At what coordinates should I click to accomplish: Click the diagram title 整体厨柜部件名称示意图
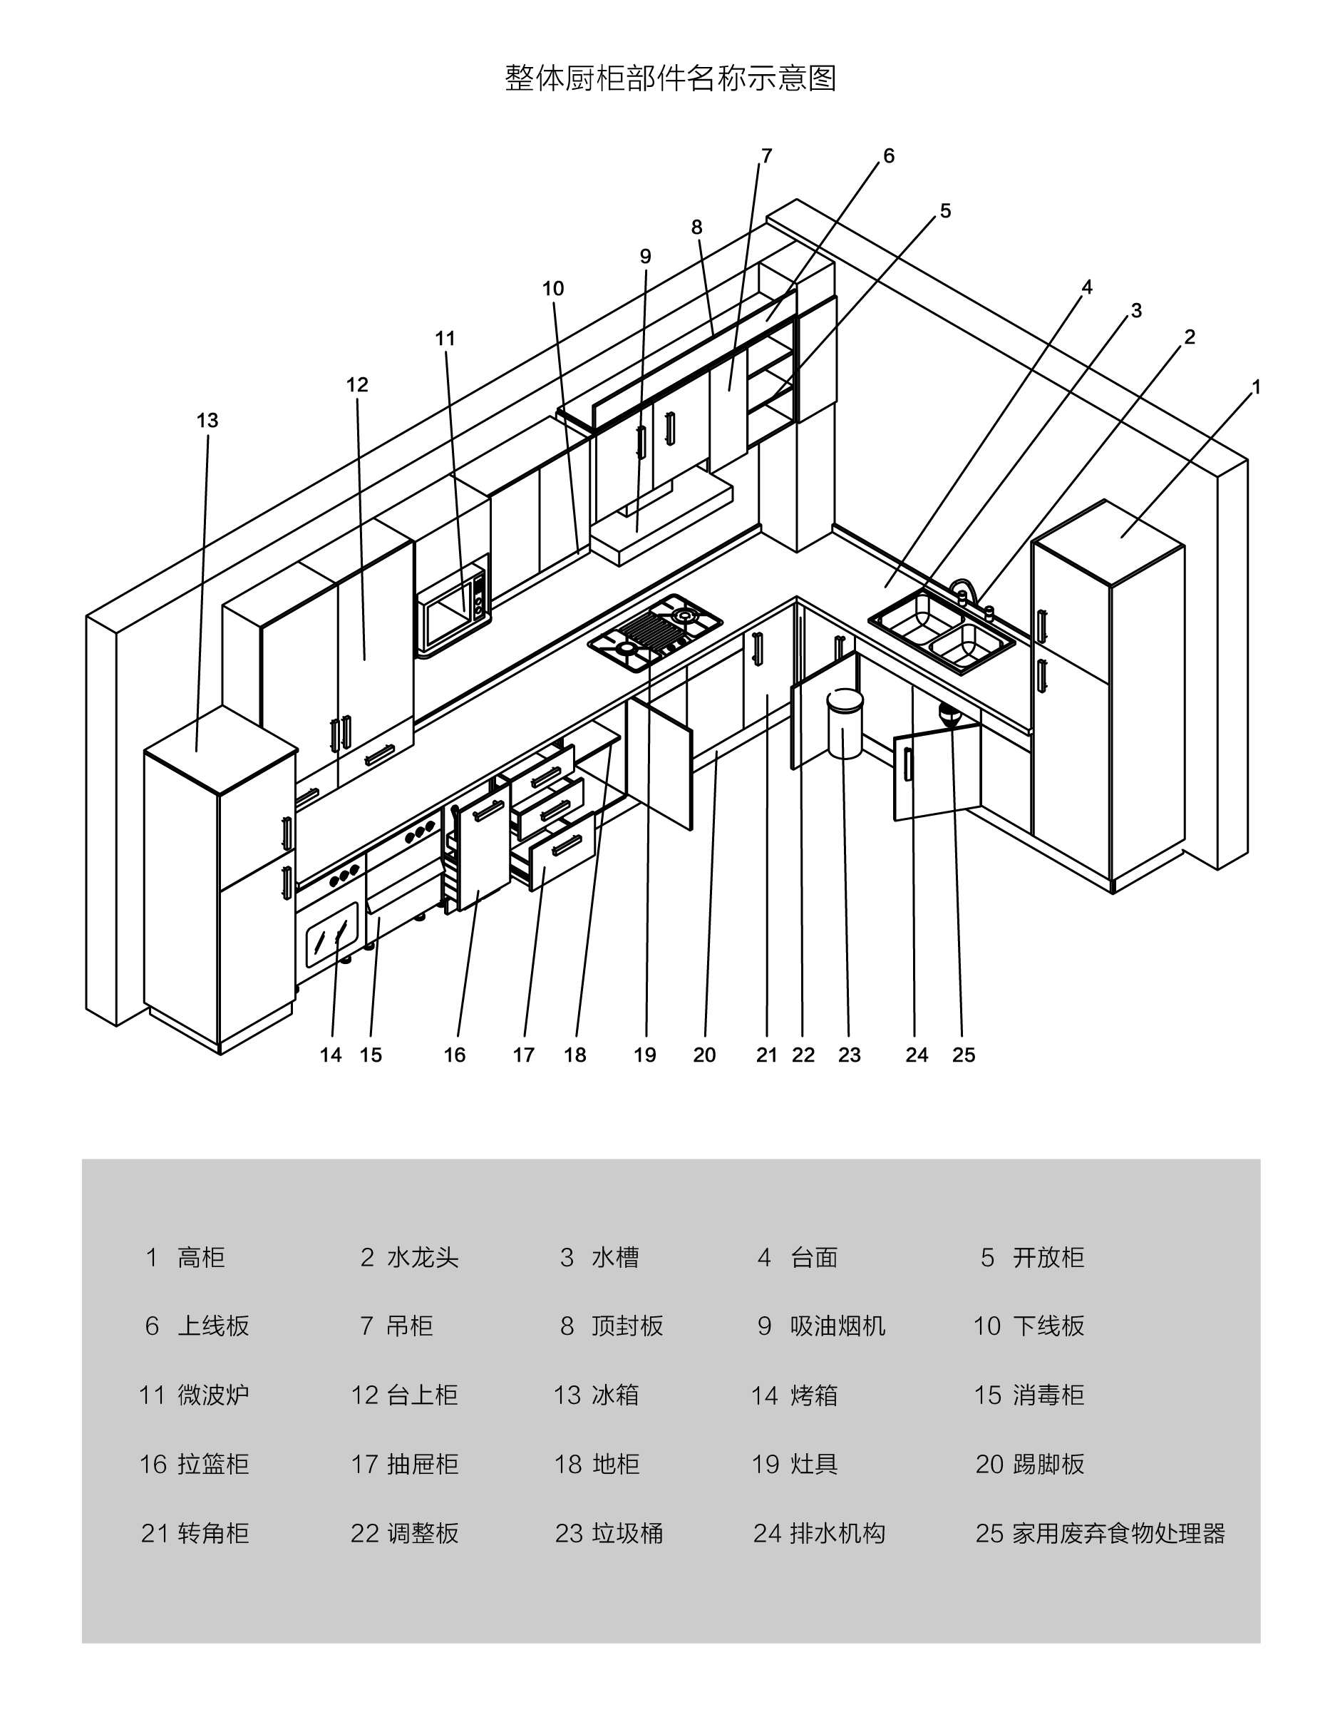point(671,78)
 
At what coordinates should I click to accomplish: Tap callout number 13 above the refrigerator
point(207,421)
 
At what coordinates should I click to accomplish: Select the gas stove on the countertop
point(654,632)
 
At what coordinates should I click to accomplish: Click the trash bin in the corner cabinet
point(845,724)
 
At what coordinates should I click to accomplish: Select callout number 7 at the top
point(766,155)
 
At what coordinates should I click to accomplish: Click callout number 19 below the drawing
point(644,1055)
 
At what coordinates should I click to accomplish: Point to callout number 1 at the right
point(1255,387)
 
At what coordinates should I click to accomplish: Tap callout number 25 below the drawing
point(963,1055)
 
